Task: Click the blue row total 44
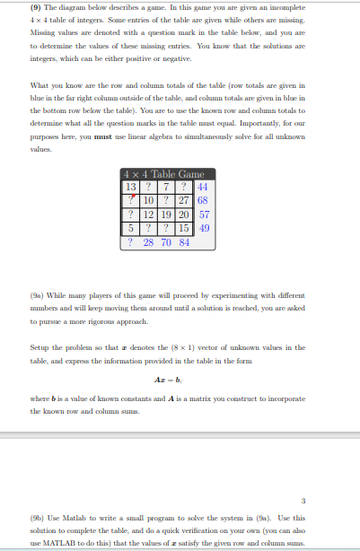pyautogui.click(x=205, y=185)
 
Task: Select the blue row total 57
pyautogui.click(x=205, y=214)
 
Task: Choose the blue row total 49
pyautogui.click(x=205, y=228)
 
